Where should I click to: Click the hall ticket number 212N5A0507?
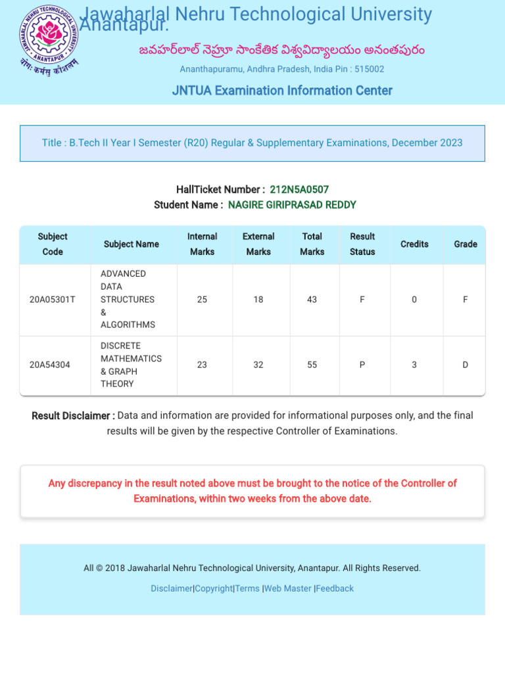tap(299, 189)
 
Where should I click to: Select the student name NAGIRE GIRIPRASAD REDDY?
tap(292, 205)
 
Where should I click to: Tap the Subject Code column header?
tap(53, 244)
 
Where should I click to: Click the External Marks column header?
tap(258, 244)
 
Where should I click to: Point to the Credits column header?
tap(414, 244)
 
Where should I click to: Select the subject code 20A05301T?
tap(53, 300)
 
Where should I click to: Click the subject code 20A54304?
tap(50, 365)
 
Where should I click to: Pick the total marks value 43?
tap(312, 300)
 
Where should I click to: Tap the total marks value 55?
tap(312, 365)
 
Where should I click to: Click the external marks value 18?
tap(258, 300)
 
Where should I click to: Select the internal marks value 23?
tap(202, 365)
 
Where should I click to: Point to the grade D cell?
tap(465, 365)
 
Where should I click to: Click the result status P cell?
tap(362, 365)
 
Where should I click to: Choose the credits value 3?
tap(414, 365)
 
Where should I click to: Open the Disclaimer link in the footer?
tap(172, 589)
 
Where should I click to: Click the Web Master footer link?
tap(288, 589)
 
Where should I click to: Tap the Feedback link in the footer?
tap(335, 589)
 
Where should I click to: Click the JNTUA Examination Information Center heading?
tap(282, 91)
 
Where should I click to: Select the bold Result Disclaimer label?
tap(73, 416)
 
